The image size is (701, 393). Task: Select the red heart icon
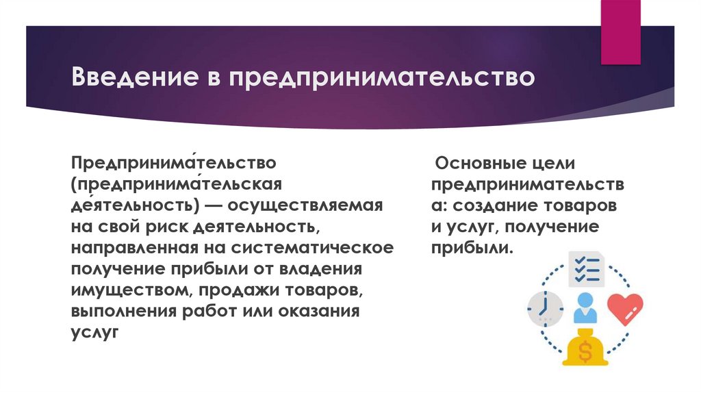click(624, 307)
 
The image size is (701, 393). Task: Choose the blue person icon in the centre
click(585, 308)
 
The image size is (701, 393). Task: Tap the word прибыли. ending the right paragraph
click(472, 247)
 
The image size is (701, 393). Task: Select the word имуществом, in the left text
click(130, 290)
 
